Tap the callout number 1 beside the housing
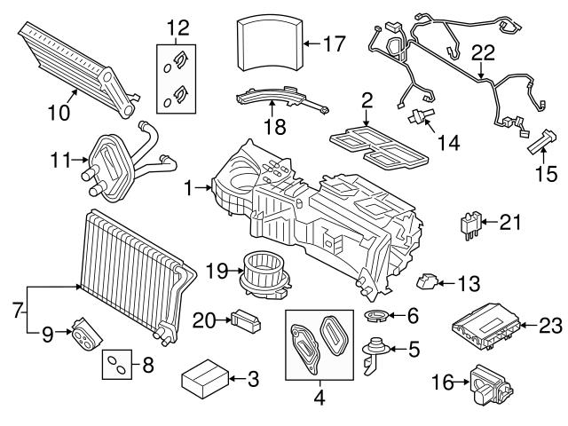188,187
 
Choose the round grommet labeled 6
377,315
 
